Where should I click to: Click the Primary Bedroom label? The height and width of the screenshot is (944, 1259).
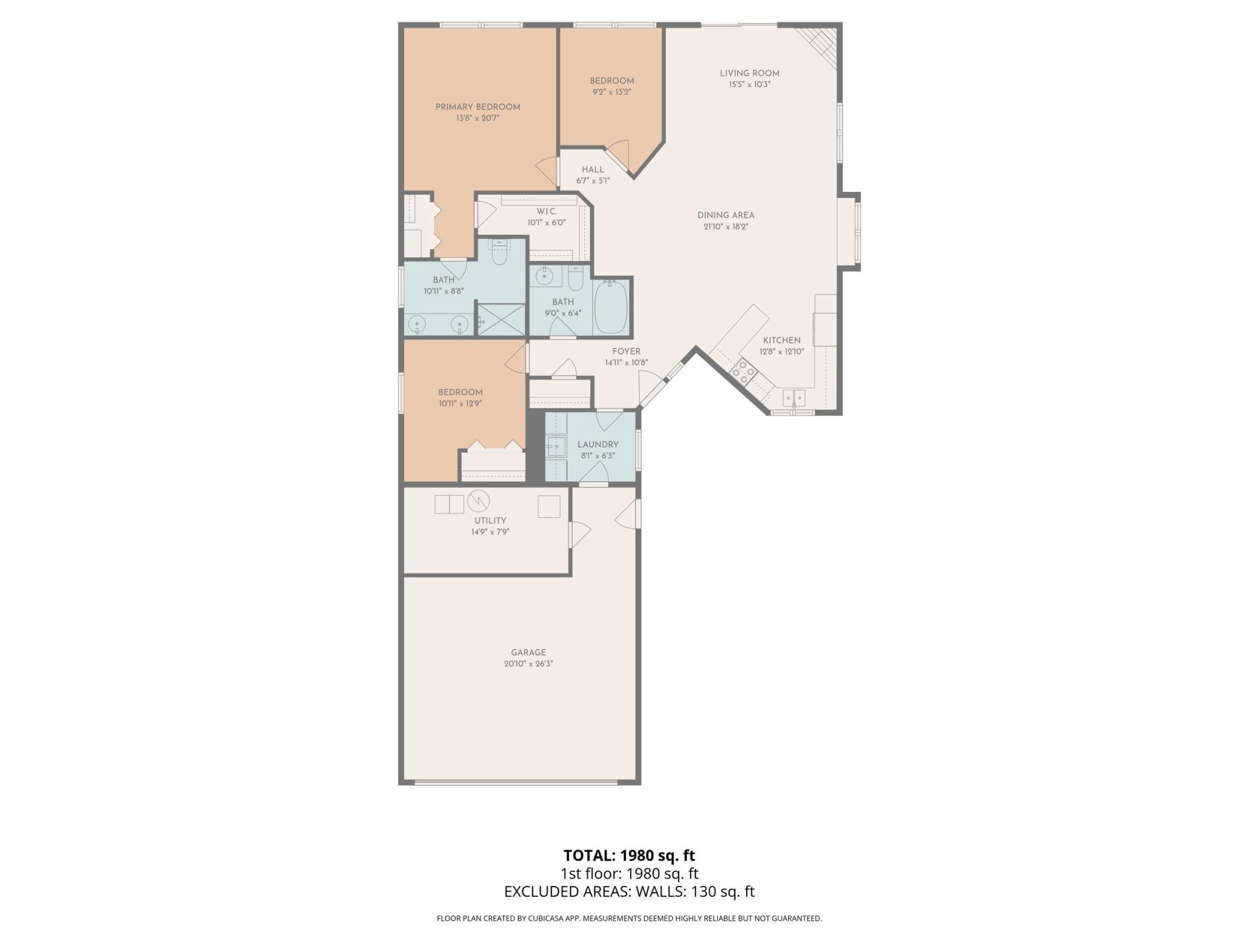click(478, 107)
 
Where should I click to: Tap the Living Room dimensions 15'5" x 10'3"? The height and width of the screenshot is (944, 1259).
click(749, 85)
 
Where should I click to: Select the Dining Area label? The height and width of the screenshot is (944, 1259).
click(726, 215)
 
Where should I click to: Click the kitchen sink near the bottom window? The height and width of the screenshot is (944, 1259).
click(794, 398)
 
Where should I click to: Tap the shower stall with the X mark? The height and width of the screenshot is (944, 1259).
click(502, 320)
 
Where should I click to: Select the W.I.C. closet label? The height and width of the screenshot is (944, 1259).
click(547, 211)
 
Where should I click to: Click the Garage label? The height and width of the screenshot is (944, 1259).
click(528, 652)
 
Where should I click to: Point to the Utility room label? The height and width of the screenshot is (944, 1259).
click(490, 520)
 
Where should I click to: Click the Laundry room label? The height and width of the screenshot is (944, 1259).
click(598, 444)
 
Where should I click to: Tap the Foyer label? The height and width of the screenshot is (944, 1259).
click(626, 352)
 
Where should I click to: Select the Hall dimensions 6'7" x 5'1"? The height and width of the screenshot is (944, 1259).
click(593, 180)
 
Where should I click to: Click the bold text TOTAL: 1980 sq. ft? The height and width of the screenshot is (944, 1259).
click(629, 855)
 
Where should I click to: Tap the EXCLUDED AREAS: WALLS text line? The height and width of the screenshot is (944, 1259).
click(629, 891)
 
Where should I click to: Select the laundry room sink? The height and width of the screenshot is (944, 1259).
click(556, 447)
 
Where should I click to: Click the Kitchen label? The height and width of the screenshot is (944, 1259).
click(781, 341)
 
